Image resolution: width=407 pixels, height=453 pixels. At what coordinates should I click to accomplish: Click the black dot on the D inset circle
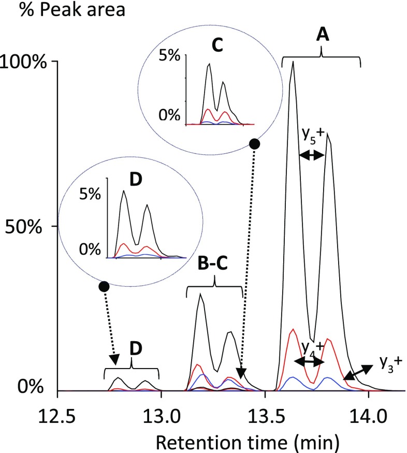[104, 286]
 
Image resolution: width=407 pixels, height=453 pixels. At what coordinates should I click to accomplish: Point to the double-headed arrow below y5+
[312, 155]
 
